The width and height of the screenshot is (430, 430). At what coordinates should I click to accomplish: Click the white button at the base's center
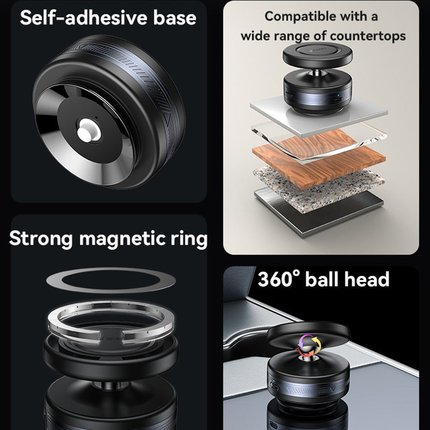pyautogui.click(x=90, y=129)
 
